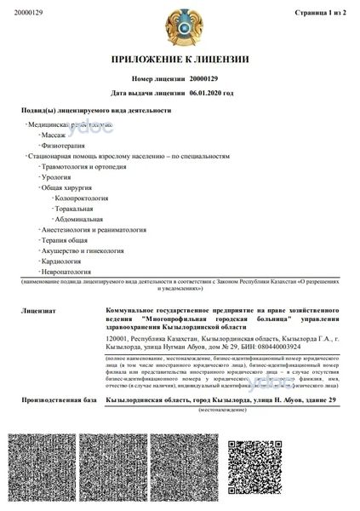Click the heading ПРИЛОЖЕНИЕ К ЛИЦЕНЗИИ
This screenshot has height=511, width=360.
coord(180,59)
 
